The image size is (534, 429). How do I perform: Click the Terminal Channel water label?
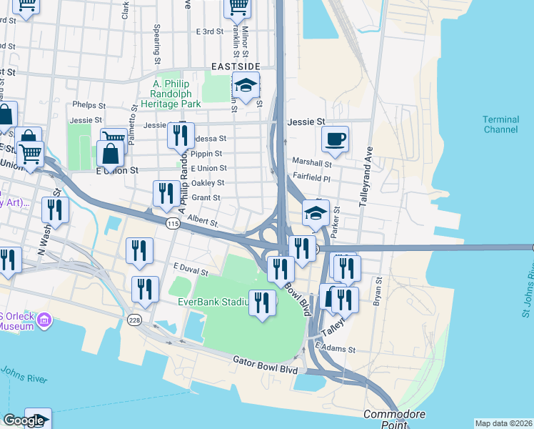click(x=500, y=124)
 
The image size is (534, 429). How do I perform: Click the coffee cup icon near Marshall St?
click(x=335, y=139)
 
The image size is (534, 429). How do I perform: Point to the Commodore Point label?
click(x=394, y=420)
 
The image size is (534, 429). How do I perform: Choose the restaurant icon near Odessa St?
click(x=181, y=134)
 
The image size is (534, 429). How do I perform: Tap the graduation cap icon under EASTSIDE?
click(x=246, y=86)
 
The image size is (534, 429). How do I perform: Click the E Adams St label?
click(x=335, y=349)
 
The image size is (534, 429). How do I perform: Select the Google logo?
click(x=23, y=421)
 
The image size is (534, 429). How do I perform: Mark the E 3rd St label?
click(x=209, y=31)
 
